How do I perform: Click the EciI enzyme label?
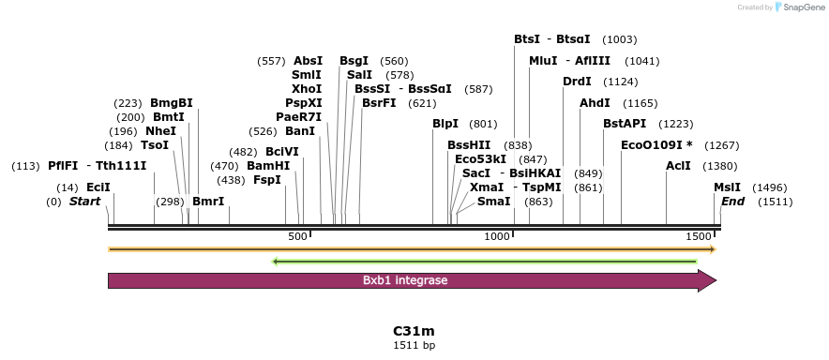coord(98,187)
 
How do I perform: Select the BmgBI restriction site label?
coord(171,103)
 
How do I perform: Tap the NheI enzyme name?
coord(160,131)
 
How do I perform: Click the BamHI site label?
coord(268,166)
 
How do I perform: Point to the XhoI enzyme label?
coord(307,89)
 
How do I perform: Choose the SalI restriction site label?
coord(359,75)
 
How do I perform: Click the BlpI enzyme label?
coord(445,124)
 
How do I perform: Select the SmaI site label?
coord(494,202)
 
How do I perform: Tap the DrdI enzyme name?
coord(577,82)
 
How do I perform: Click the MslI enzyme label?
coord(727,187)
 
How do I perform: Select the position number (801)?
coord(483,124)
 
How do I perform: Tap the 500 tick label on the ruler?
coord(298,237)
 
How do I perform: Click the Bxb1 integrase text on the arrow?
coord(405,280)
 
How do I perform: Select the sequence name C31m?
coord(414,331)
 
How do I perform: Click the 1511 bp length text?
coord(414,345)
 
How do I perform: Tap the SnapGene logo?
coord(797,7)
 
